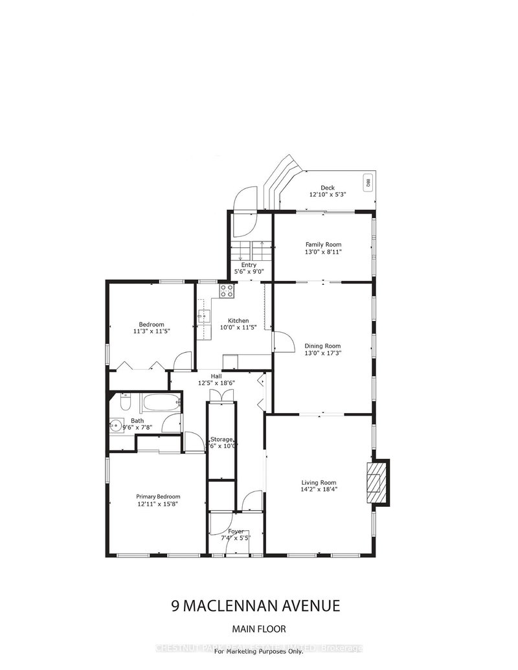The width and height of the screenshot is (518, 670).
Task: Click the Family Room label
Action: click(323, 244)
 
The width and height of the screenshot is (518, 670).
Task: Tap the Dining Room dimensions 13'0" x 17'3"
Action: click(322, 353)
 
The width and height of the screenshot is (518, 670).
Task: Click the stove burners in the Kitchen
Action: click(227, 291)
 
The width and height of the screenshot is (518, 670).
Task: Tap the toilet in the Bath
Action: click(126, 403)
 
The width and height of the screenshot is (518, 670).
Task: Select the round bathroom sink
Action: click(117, 425)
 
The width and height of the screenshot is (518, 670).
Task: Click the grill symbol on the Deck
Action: click(366, 182)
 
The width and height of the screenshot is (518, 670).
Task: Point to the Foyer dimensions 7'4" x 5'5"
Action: click(236, 538)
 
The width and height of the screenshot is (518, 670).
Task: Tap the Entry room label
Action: click(249, 265)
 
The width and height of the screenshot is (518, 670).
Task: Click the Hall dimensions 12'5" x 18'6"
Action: click(216, 383)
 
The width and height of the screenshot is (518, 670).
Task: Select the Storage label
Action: click(221, 439)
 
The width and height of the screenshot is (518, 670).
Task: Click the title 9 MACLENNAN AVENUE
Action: click(256, 607)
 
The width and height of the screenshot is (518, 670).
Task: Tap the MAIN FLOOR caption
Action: click(259, 629)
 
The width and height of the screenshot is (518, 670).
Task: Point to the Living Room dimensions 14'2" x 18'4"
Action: click(319, 489)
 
